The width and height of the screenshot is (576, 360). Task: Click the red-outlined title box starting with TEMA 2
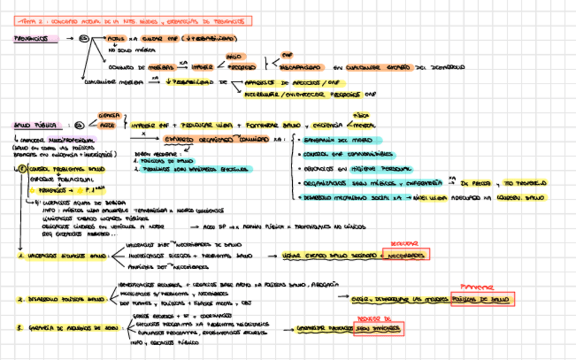133,22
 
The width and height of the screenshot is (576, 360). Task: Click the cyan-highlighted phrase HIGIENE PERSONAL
380,168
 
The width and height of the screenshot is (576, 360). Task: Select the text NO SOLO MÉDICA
126,50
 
